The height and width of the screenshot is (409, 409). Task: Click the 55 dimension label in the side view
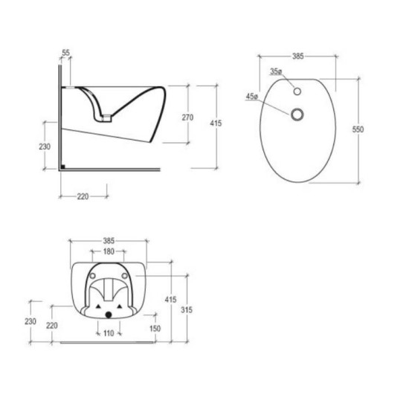click(66, 53)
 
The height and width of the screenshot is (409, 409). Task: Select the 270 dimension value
click(187, 117)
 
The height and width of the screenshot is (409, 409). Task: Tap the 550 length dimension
click(358, 129)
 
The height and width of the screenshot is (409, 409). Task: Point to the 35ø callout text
click(276, 71)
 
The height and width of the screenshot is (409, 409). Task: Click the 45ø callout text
click(252, 97)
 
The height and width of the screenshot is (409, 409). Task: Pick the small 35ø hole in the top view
click(297, 91)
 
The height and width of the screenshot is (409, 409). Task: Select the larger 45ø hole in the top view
click(297, 115)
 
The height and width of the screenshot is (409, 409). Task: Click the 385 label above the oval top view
click(298, 56)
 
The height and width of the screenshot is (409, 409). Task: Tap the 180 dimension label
click(109, 251)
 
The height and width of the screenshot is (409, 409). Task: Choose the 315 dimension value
click(187, 310)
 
